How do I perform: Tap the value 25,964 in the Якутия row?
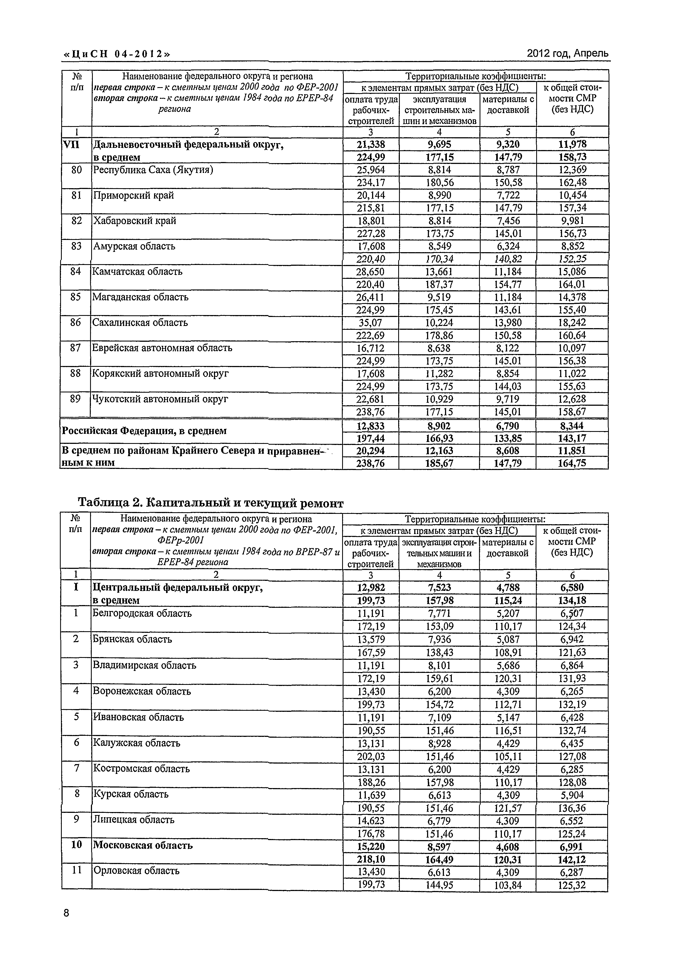pos(370,170)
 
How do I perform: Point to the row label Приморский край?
pos(133,195)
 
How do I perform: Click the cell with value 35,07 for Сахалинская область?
pos(370,323)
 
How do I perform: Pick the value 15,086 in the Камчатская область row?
pos(572,271)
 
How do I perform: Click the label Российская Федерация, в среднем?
pos(144,431)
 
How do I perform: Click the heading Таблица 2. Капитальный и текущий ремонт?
pos(210,503)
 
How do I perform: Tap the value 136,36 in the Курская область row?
pos(572,808)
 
